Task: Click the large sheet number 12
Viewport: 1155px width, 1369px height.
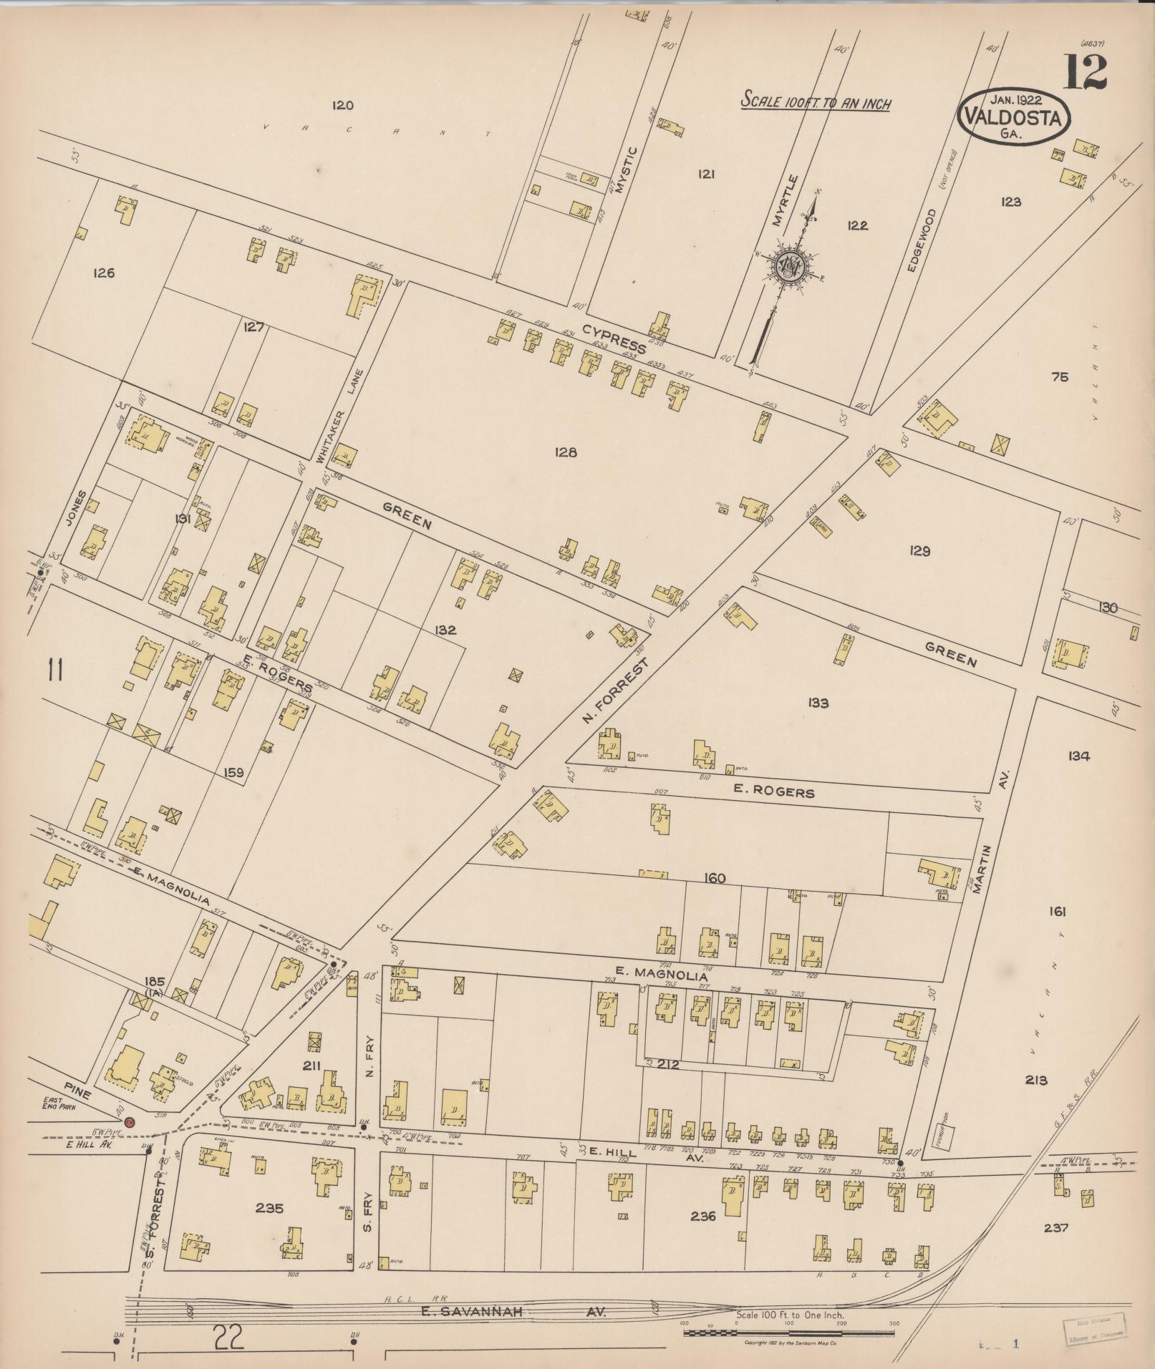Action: click(x=1085, y=73)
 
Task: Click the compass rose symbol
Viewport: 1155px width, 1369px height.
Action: click(x=791, y=266)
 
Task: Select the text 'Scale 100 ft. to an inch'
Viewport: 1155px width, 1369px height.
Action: click(x=816, y=102)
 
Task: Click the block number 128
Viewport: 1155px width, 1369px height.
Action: click(x=566, y=452)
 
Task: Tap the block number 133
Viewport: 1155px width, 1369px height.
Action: click(x=817, y=703)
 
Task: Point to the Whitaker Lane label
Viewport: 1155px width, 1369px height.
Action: click(x=350, y=414)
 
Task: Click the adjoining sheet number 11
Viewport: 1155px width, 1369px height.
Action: click(x=56, y=671)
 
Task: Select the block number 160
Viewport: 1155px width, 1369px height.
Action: click(x=714, y=879)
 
